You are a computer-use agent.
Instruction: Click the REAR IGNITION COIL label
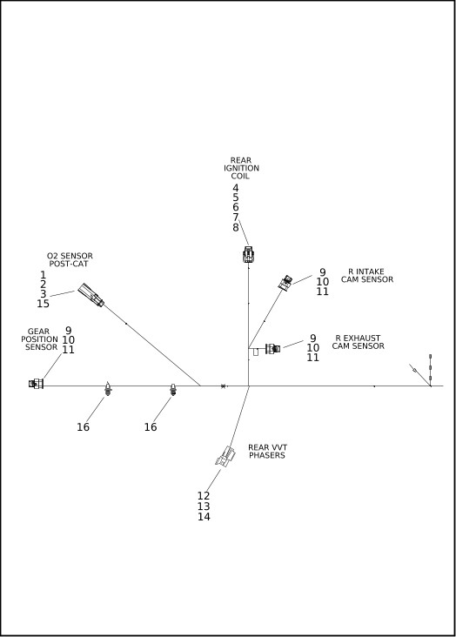pyautogui.click(x=241, y=168)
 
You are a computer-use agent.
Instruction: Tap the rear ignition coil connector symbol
pyautogui.click(x=248, y=254)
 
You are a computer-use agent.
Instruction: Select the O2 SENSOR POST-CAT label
pyautogui.click(x=70, y=259)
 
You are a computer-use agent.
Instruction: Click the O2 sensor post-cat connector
pyautogui.click(x=91, y=295)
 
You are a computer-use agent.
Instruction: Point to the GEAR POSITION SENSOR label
pyautogui.click(x=39, y=339)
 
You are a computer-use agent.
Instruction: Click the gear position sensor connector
pyautogui.click(x=37, y=384)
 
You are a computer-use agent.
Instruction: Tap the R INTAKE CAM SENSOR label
pyautogui.click(x=367, y=276)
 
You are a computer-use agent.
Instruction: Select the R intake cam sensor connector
pyautogui.click(x=285, y=282)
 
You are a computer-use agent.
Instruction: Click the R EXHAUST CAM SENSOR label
pyautogui.click(x=358, y=342)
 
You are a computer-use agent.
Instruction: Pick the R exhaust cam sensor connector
pyautogui.click(x=272, y=349)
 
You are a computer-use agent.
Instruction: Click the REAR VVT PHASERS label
pyautogui.click(x=267, y=452)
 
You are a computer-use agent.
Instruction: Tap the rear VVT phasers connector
pyautogui.click(x=225, y=456)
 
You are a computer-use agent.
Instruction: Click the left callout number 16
pyautogui.click(x=83, y=427)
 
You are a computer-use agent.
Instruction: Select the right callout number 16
pyautogui.click(x=151, y=427)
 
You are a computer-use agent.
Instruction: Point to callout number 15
pyautogui.click(x=44, y=304)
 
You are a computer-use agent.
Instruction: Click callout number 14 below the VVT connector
pyautogui.click(x=204, y=517)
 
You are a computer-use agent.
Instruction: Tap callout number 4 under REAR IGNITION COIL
pyautogui.click(x=236, y=188)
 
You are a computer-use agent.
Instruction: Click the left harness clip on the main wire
pyautogui.click(x=108, y=389)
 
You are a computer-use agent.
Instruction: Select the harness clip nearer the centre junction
pyautogui.click(x=173, y=390)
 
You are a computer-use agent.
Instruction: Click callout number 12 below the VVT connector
pyautogui.click(x=204, y=496)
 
